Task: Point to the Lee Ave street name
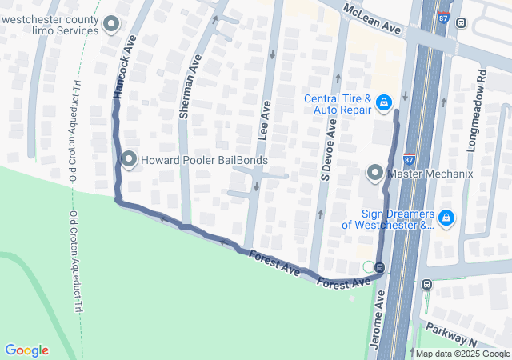264,119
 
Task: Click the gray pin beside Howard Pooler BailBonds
129,160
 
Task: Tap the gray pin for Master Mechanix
374,173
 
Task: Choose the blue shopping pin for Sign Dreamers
446,218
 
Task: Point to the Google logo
26,350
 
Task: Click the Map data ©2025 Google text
462,354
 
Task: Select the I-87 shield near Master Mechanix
409,158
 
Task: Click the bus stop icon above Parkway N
428,283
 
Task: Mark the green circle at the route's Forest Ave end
368,266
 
